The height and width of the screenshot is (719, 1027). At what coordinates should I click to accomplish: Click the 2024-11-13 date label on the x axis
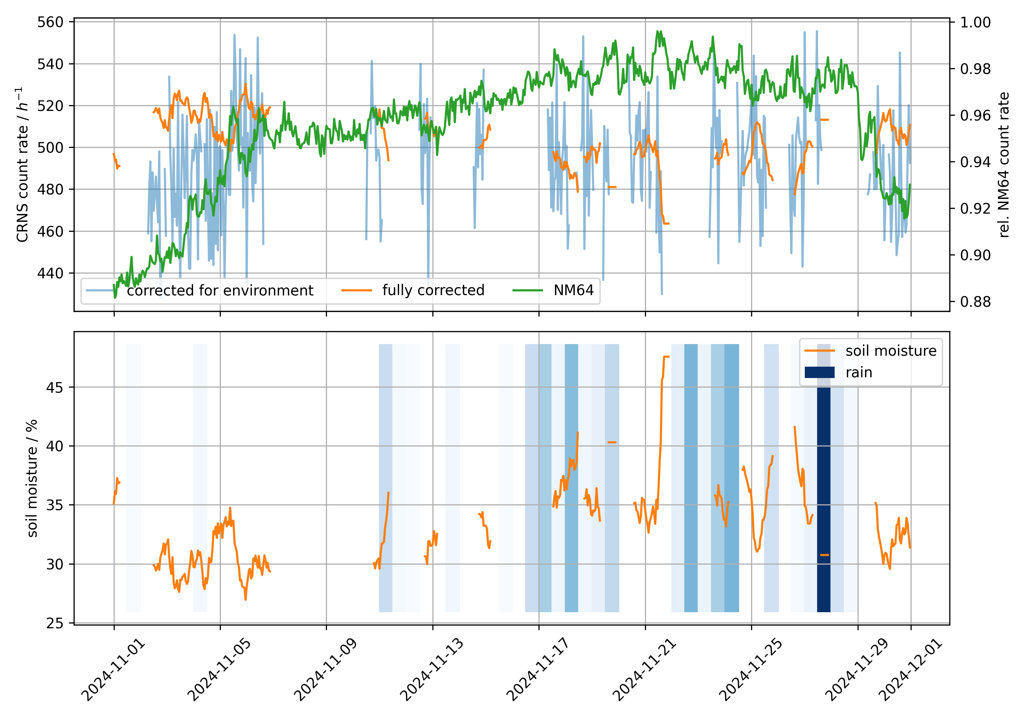(431, 670)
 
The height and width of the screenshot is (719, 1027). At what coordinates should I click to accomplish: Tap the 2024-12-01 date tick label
(910, 670)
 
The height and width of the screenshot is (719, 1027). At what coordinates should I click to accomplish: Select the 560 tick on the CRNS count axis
(50, 22)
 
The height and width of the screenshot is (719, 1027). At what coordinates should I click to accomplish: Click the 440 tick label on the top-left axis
(50, 273)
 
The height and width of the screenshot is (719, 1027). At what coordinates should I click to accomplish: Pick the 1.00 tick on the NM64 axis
(975, 22)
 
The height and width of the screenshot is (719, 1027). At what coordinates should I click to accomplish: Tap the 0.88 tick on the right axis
(975, 302)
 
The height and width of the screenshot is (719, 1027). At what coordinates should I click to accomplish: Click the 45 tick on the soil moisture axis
(54, 388)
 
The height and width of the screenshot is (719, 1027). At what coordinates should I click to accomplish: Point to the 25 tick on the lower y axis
(54, 623)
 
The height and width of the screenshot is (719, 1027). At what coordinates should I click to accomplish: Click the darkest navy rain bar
(823, 492)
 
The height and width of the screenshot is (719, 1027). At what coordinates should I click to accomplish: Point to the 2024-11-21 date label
(644, 670)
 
